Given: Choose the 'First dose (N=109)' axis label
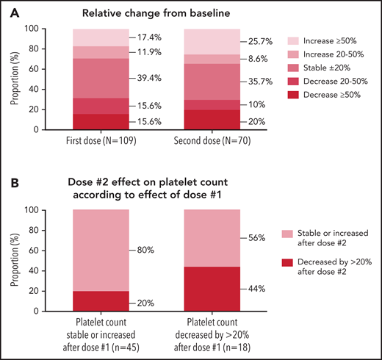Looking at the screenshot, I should click(101, 143).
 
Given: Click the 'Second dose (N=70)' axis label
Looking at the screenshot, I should click(210, 143).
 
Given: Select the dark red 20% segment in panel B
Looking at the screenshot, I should click(101, 301).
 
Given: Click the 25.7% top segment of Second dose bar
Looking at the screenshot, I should click(210, 42).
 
